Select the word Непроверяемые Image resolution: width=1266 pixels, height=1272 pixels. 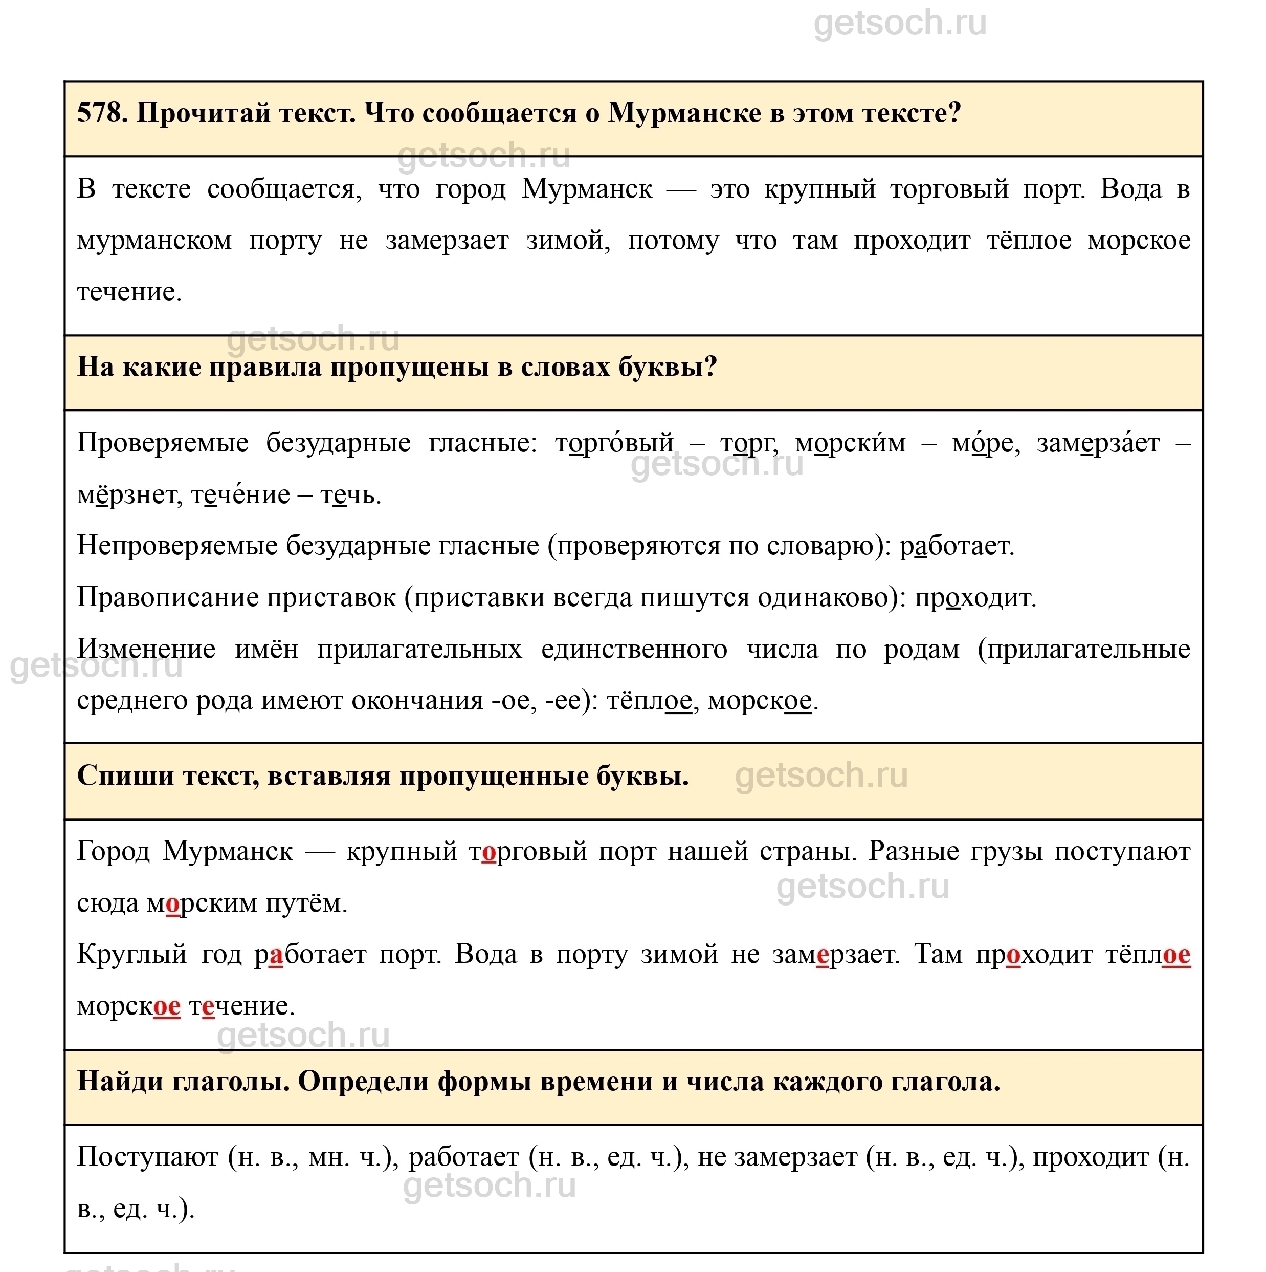click(177, 546)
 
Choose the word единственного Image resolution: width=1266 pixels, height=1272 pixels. click(634, 649)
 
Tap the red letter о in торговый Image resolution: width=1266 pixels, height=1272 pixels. click(489, 852)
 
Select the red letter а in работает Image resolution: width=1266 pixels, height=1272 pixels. click(276, 955)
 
